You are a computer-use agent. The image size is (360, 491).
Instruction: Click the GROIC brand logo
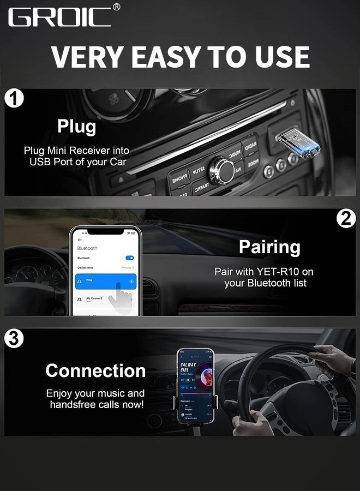pyautogui.click(x=59, y=16)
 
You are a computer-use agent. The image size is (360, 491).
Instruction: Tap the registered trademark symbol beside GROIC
pyautogui.click(x=116, y=7)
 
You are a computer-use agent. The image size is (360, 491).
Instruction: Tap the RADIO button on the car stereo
pyautogui.click(x=250, y=147)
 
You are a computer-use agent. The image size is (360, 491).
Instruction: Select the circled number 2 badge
pyautogui.click(x=346, y=219)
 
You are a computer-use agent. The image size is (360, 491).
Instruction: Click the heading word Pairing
pyautogui.click(x=269, y=247)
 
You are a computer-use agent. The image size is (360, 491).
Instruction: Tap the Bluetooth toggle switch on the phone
pyautogui.click(x=129, y=258)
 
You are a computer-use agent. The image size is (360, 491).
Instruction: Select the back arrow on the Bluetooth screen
pyautogui.click(x=80, y=239)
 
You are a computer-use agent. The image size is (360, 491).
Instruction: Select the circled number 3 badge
pyautogui.click(x=14, y=339)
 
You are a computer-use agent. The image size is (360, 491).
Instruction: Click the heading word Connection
pyautogui.click(x=95, y=370)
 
